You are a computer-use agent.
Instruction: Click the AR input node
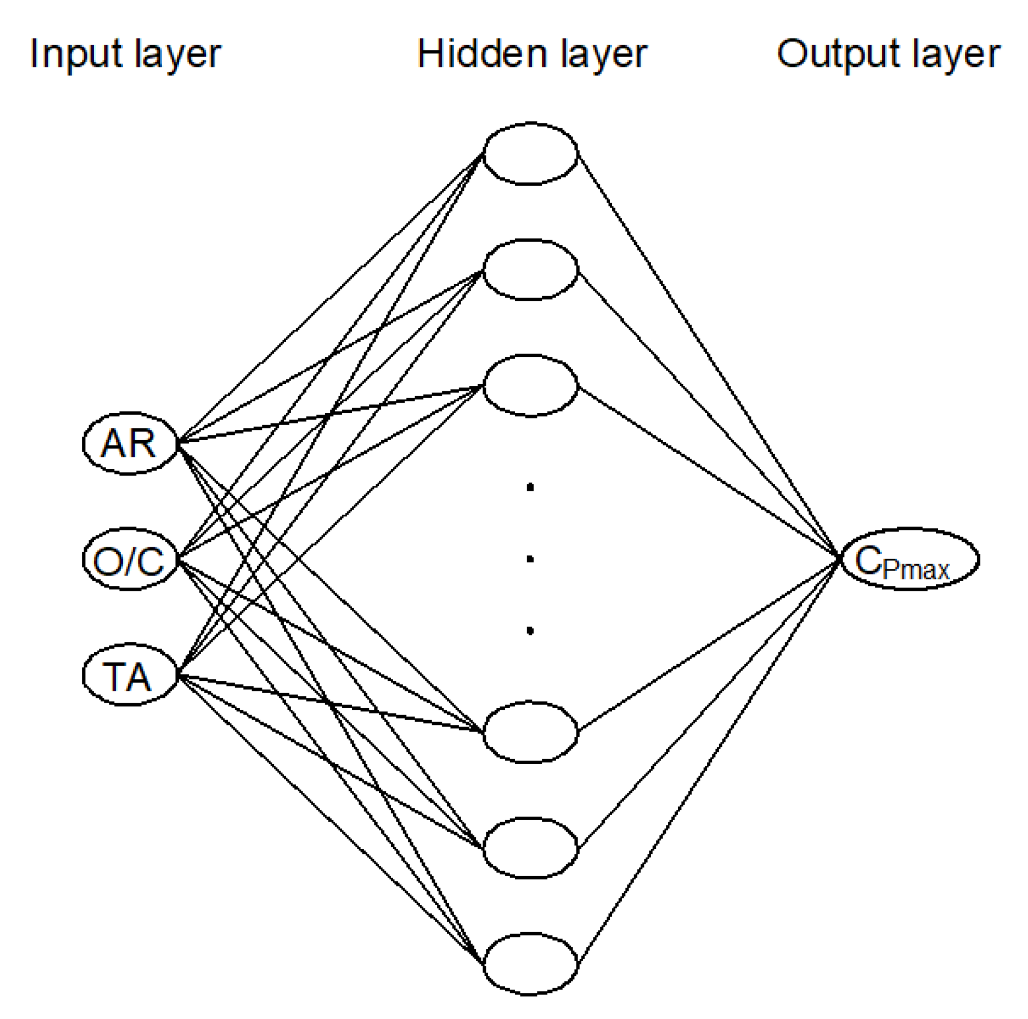129,443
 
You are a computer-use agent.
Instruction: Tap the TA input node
129,676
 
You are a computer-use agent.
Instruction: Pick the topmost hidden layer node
530,154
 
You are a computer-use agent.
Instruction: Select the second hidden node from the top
530,270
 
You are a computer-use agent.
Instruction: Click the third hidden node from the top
530,386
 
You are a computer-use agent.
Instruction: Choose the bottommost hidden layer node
530,965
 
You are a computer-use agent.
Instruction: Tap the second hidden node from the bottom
530,848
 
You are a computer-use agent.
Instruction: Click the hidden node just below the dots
530,732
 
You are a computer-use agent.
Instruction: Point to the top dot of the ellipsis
530,487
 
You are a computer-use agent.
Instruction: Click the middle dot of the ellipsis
530,559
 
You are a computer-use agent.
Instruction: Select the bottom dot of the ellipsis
530,630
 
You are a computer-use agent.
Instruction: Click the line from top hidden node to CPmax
706,353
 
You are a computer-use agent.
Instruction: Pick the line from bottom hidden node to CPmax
706,766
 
